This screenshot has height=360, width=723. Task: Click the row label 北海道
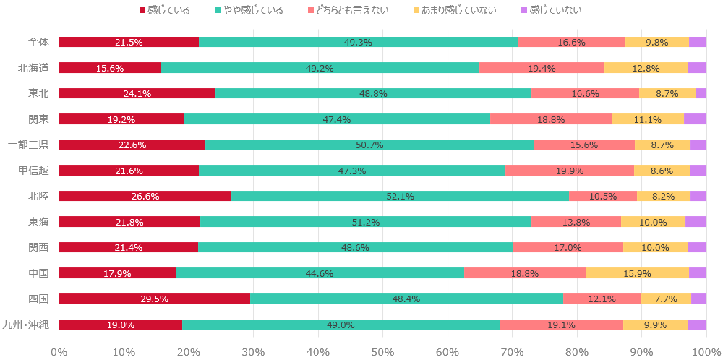[x=33, y=68]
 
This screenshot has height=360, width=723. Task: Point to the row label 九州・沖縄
[x=26, y=325]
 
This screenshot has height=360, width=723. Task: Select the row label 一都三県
[x=28, y=145]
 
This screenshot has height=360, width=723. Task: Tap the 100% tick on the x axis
[x=705, y=351]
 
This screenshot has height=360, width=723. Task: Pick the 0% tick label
[x=59, y=351]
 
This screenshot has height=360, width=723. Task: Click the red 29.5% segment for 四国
[x=154, y=299]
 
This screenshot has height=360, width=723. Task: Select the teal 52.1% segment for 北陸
[x=400, y=196]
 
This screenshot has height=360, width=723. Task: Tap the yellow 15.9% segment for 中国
[x=637, y=273]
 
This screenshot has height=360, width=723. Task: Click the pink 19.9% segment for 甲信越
[x=570, y=171]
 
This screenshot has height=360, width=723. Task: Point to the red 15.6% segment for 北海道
[x=109, y=68]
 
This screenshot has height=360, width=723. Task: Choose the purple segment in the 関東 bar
[x=695, y=119]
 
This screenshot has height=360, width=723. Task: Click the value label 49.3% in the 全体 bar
[x=358, y=42]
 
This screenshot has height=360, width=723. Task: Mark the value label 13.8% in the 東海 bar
[x=576, y=222]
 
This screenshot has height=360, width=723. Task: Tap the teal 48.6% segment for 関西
[x=355, y=247]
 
